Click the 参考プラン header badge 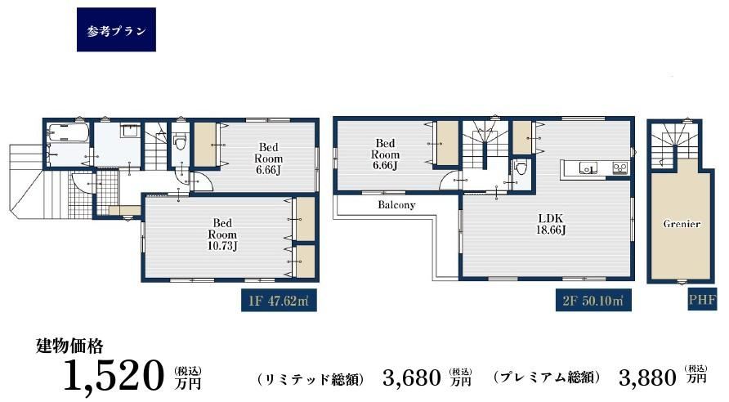116,29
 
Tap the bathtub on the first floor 69,133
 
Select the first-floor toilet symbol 180,141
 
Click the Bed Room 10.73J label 222,234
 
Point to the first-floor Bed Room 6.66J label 268,159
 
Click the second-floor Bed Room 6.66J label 385,154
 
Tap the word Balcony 396,205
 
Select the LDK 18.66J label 552,224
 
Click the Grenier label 682,224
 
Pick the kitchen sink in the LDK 588,167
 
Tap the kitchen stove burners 619,167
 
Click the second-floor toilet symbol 521,167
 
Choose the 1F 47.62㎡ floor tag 279,301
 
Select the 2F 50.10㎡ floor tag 593,301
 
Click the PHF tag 702,300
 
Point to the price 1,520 114,376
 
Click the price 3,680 411,377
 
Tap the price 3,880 647,377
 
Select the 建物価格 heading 69,346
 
